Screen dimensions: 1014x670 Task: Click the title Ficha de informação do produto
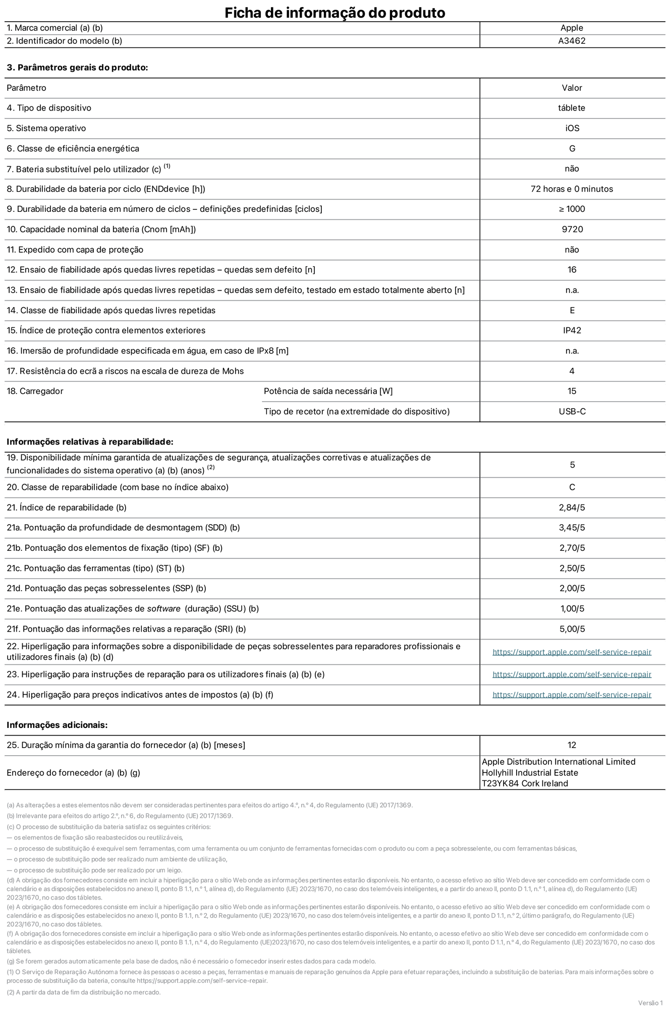(x=334, y=13)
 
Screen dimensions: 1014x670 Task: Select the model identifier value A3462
(x=572, y=41)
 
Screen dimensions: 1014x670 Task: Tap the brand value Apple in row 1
(x=572, y=28)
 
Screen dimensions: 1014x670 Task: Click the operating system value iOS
(x=572, y=128)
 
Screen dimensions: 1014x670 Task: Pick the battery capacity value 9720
(x=572, y=230)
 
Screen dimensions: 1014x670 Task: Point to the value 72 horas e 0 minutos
(x=572, y=189)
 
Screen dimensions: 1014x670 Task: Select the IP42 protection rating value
(x=572, y=330)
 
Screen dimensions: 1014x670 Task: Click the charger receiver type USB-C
(x=572, y=412)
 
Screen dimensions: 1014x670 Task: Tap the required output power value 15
(x=572, y=391)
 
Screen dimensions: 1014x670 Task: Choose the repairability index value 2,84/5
(x=572, y=508)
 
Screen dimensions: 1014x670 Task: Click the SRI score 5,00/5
(x=572, y=629)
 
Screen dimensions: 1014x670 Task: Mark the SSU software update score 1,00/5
(x=572, y=609)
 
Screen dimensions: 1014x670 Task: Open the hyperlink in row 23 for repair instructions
(x=572, y=674)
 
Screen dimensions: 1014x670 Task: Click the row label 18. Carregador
(x=35, y=391)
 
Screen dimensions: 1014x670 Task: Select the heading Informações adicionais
(x=57, y=725)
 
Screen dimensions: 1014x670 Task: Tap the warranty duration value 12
(x=572, y=745)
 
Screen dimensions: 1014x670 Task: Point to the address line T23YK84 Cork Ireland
(x=525, y=783)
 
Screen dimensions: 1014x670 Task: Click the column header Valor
(x=572, y=88)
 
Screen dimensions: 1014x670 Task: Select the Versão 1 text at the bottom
(x=650, y=1002)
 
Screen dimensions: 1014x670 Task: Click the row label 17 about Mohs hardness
(x=125, y=371)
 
